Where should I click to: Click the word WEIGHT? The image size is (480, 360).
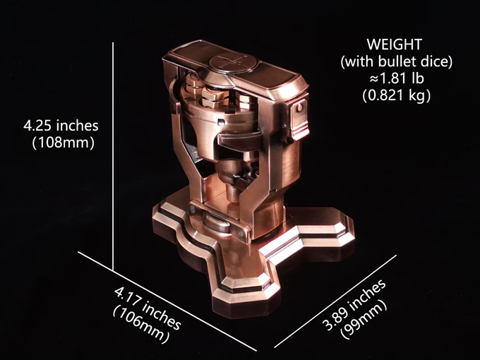click(395, 44)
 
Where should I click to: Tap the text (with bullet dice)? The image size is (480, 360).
click(397, 62)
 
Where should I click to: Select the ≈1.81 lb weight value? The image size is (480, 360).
click(397, 78)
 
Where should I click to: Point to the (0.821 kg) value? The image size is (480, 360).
click(397, 96)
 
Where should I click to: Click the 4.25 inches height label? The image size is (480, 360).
click(61, 126)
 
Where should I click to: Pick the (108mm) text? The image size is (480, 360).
click(64, 143)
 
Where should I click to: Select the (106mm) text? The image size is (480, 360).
click(140, 325)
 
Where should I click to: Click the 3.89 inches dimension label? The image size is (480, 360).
click(354, 305)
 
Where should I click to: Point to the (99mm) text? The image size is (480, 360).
click(364, 320)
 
